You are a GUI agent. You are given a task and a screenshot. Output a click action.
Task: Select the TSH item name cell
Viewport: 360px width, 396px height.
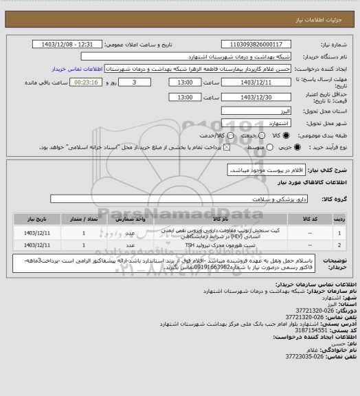[199, 244]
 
